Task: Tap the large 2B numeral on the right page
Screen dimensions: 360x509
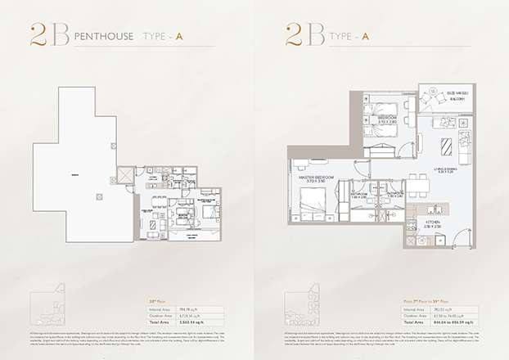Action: [304, 34]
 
